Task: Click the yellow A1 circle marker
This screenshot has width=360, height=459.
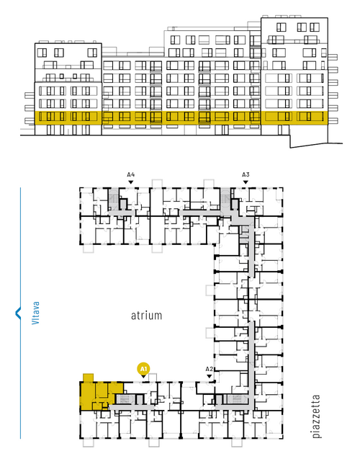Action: tap(143, 368)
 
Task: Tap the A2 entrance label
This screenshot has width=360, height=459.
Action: tap(209, 369)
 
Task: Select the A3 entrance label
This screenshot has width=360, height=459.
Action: tap(246, 175)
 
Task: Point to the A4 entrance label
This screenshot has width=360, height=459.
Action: tap(131, 175)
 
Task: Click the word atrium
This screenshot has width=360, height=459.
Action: tap(146, 316)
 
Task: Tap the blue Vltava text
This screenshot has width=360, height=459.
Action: tap(35, 313)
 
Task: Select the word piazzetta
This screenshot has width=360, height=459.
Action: tap(316, 416)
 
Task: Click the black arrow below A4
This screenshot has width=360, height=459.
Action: tap(131, 182)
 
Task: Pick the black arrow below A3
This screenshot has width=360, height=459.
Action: tap(246, 182)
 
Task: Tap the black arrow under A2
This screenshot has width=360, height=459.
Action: tap(209, 376)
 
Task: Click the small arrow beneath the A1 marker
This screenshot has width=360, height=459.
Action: tap(143, 376)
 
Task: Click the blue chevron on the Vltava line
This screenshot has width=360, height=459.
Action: tap(18, 313)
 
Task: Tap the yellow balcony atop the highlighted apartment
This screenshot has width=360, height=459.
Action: tap(88, 378)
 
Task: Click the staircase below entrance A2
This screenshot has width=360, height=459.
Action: tap(237, 399)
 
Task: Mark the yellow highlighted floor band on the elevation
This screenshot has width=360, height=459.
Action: tap(181, 118)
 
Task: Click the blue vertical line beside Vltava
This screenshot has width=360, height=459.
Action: tap(20, 313)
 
